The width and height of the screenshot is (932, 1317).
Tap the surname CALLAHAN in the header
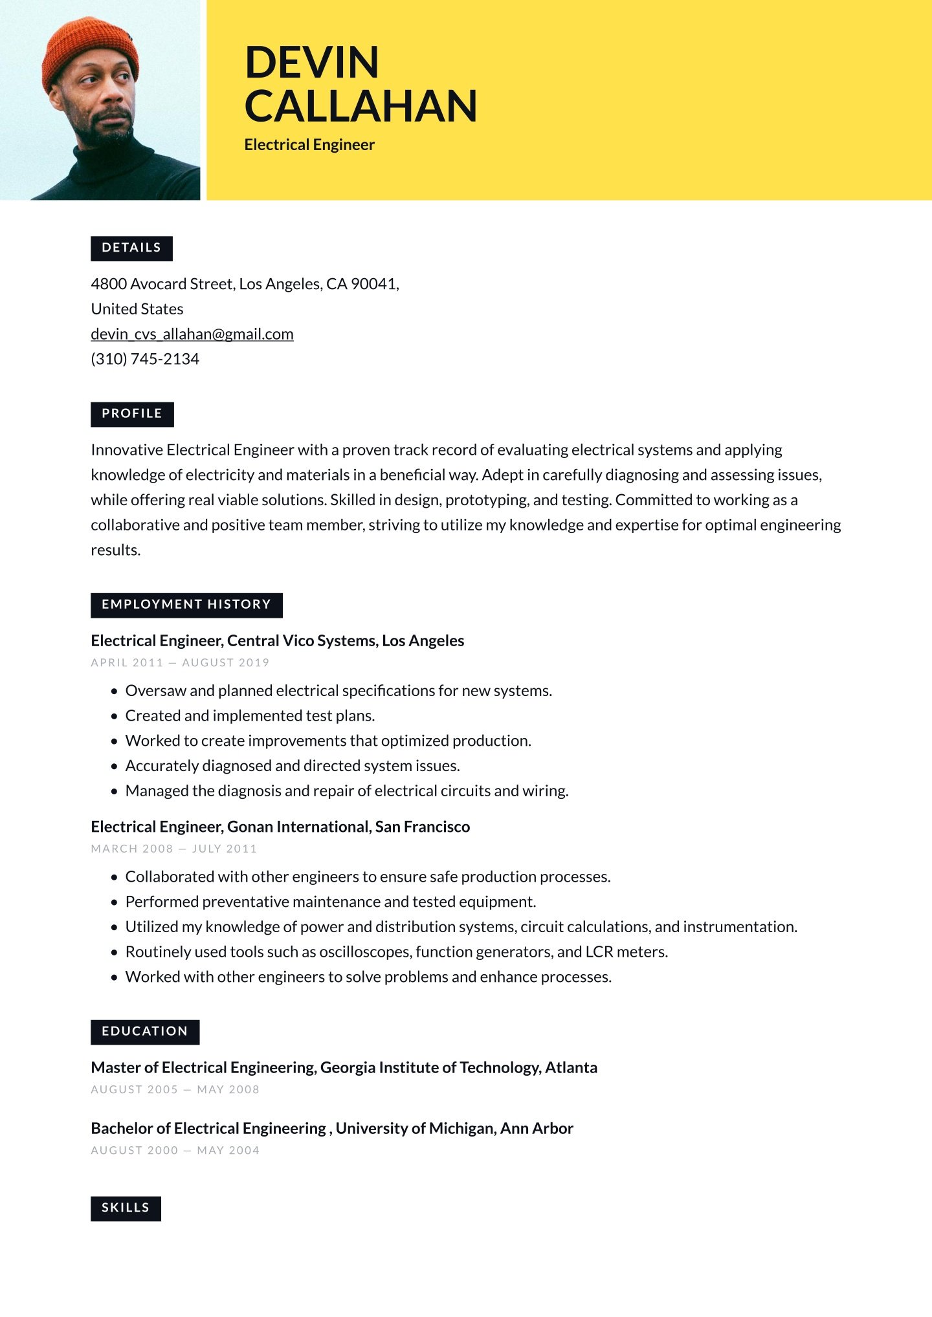361,106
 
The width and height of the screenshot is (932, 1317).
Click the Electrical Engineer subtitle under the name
309,145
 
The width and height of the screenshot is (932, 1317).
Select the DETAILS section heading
131,248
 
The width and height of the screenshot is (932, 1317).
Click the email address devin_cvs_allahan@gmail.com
192,334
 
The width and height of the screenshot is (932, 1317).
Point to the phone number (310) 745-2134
145,359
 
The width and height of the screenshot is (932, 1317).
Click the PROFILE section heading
132,414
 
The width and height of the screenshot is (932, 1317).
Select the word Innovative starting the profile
127,450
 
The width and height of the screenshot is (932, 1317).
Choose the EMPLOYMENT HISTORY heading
186,605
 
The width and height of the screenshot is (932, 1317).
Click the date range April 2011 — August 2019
180,662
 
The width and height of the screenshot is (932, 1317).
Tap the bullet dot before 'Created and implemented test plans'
115,717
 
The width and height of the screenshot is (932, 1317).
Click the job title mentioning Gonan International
280,827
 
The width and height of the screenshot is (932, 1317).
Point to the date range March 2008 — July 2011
173,849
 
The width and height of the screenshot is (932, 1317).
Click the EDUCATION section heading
145,1032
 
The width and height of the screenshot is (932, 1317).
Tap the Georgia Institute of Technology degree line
344,1068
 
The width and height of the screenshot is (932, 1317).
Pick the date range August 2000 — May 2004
175,1151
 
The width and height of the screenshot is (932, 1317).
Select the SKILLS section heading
126,1208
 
